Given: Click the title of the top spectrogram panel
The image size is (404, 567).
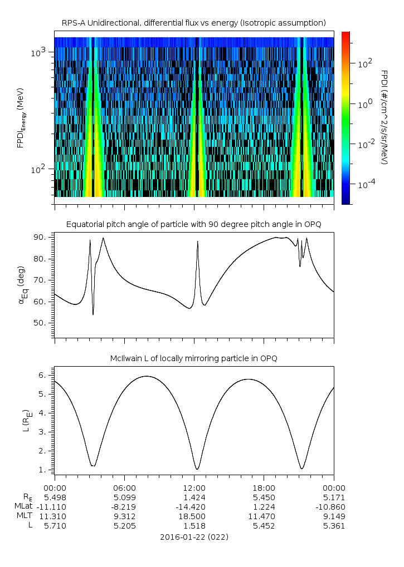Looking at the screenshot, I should [x=194, y=22].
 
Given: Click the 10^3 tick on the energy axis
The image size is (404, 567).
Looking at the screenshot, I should [x=41, y=52].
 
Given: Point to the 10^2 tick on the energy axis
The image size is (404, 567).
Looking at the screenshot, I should [x=41, y=169].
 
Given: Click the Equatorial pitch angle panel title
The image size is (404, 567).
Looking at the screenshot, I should [x=194, y=224].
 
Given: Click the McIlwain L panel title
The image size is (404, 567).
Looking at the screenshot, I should [x=194, y=358].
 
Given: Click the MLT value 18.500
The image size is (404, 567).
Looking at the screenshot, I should [x=194, y=516].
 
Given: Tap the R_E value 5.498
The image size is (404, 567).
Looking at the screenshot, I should [x=55, y=497].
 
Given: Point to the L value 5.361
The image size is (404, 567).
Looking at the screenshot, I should [x=333, y=525].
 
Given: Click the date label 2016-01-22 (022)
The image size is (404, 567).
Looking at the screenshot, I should [x=194, y=537].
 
